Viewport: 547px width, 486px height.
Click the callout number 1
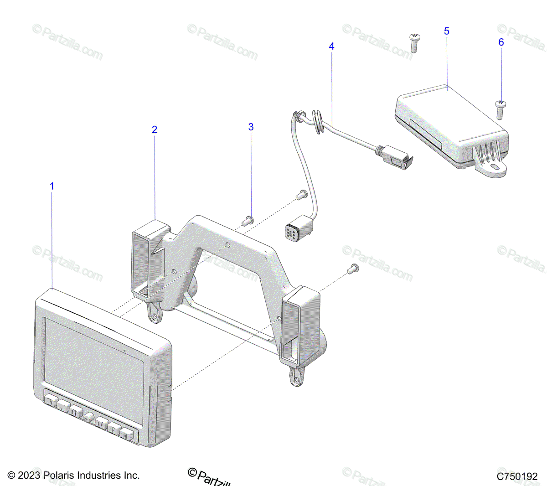[52, 186]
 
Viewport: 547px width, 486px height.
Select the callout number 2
[155, 129]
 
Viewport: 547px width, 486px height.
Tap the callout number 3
[251, 127]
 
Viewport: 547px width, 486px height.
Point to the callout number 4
[331, 46]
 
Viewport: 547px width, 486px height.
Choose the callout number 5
[446, 31]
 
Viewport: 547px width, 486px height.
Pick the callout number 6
[501, 42]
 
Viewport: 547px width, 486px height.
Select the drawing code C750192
[517, 476]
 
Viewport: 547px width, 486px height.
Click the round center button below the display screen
[88, 416]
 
